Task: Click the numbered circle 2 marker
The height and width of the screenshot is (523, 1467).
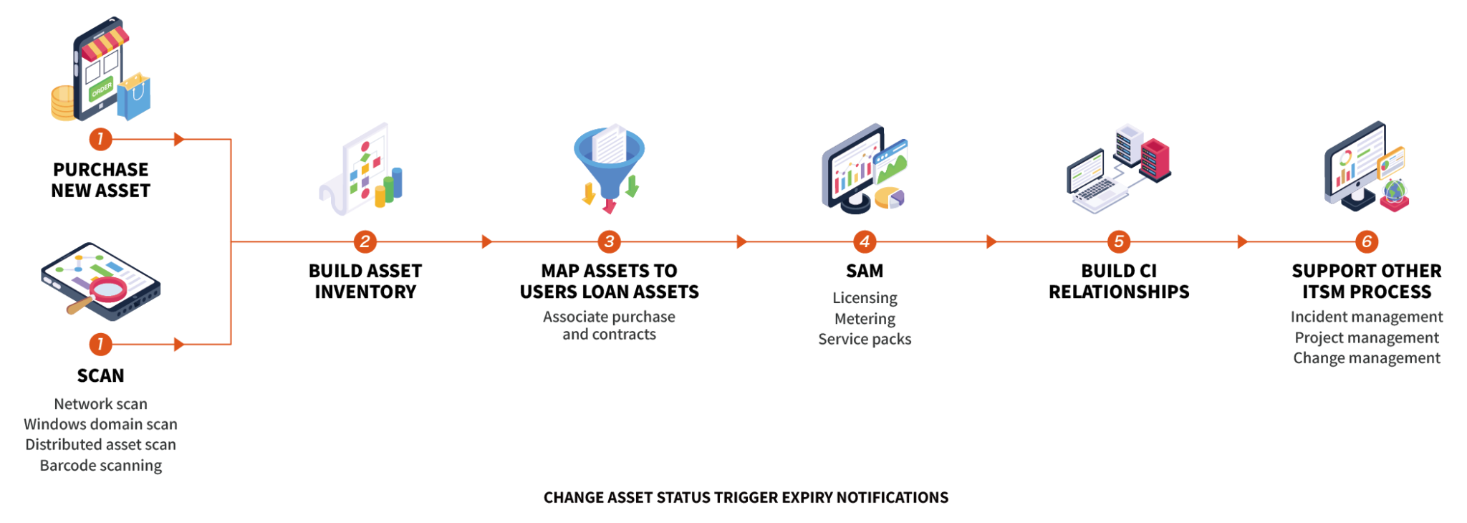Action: pos(365,242)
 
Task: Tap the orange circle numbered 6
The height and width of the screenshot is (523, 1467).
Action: pos(1366,242)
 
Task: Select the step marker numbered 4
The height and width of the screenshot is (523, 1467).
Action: pos(865,242)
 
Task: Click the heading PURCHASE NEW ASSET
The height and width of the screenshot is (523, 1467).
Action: pos(101,181)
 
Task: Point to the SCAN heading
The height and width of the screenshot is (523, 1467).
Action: pos(101,376)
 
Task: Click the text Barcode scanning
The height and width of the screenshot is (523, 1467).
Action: pos(101,466)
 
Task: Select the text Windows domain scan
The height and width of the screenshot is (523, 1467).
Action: pos(101,425)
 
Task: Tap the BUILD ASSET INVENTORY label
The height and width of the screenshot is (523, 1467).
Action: pos(365,282)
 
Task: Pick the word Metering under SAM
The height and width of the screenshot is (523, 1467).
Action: pos(865,319)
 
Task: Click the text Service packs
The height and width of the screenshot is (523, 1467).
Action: pos(865,340)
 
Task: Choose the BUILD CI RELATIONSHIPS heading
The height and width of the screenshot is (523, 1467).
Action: pos(1119,282)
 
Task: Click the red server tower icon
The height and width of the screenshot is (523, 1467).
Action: pos(1155,159)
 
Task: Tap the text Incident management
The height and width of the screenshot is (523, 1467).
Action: pos(1366,317)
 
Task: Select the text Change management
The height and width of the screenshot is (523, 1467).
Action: pos(1366,358)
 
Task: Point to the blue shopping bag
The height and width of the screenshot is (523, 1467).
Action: pos(134,97)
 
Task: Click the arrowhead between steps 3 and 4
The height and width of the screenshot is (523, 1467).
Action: pos(741,242)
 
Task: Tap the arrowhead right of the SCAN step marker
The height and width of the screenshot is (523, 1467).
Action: pos(179,345)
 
